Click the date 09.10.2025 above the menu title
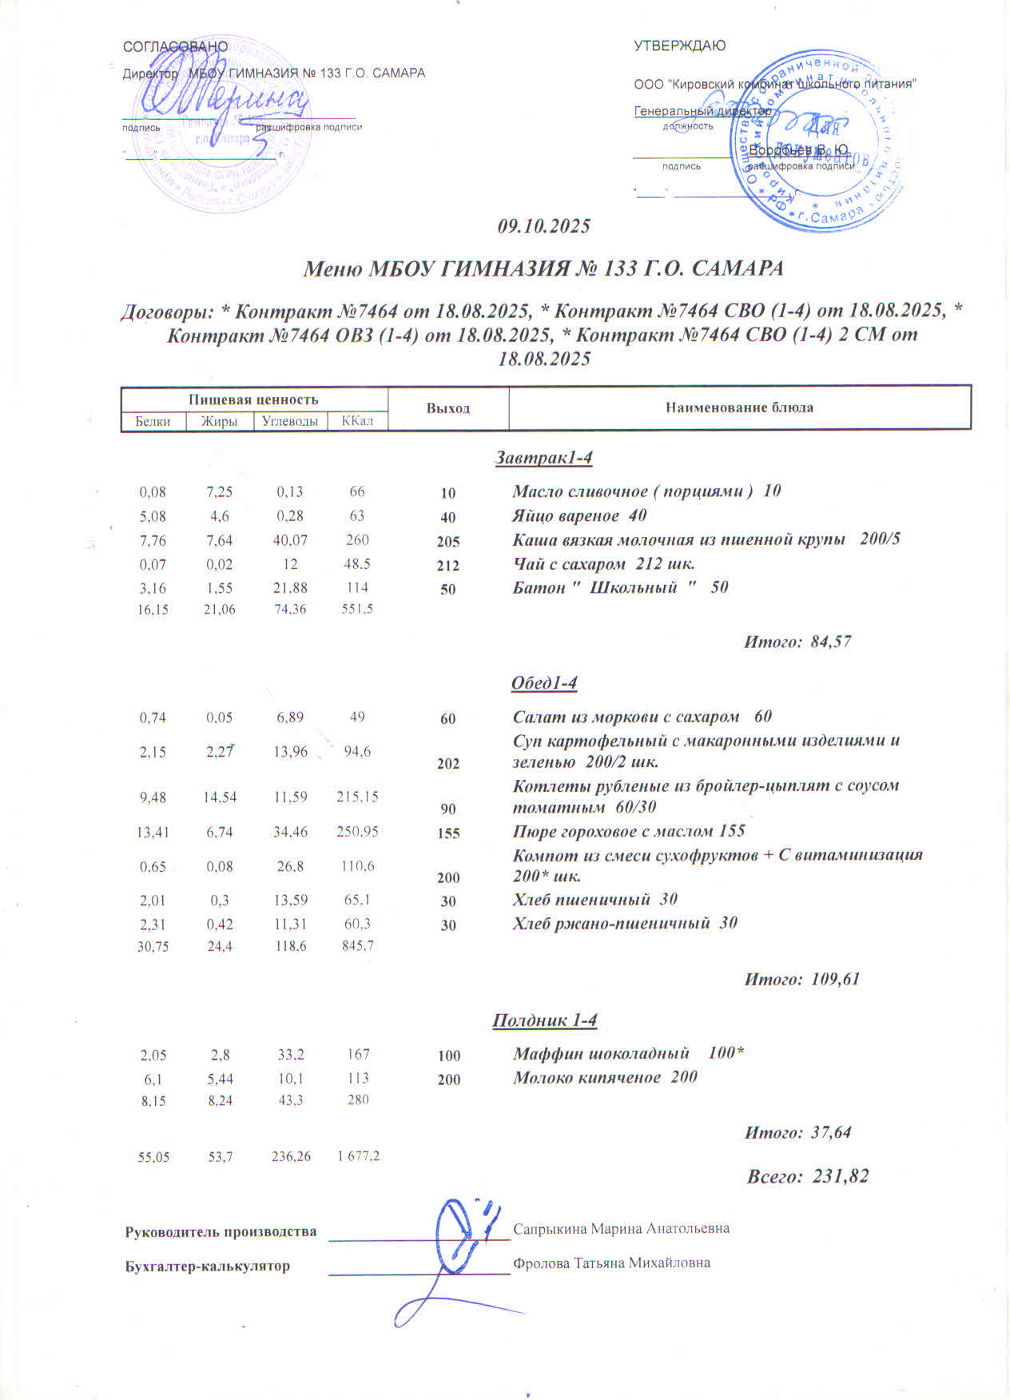click(543, 227)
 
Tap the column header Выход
click(447, 408)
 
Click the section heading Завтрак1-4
click(543, 458)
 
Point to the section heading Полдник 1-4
click(544, 1020)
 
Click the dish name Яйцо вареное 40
click(579, 516)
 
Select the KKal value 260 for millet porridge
click(357, 540)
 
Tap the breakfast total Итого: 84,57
click(797, 641)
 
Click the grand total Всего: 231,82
click(807, 1176)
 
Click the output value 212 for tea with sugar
click(448, 566)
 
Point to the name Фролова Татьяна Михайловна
click(611, 1263)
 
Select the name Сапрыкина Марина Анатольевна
click(621, 1228)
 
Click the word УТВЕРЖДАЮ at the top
click(679, 46)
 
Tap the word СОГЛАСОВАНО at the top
click(175, 47)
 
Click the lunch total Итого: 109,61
click(801, 979)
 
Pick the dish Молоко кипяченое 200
click(605, 1077)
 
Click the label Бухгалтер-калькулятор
click(208, 1267)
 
